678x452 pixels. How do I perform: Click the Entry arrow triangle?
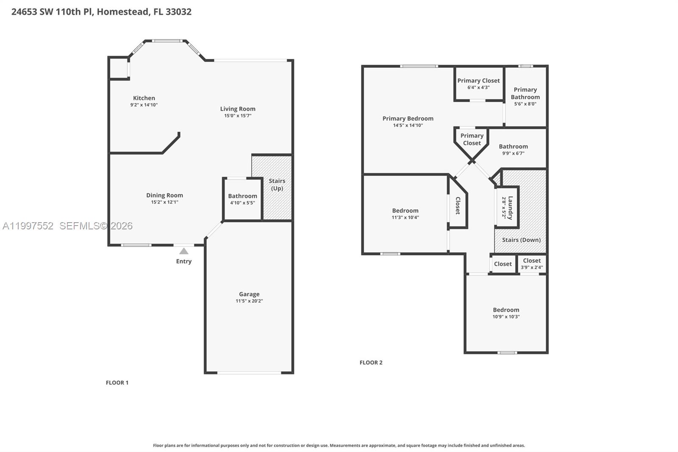pos(184,251)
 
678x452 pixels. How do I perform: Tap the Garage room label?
pos(249,294)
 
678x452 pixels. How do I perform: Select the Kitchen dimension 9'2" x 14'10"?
pos(144,105)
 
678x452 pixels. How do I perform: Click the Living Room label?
pos(238,109)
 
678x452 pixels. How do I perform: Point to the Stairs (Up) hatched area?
pos(277,204)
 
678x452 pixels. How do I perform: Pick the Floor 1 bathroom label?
pos(242,196)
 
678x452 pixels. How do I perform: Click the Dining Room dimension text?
pos(164,202)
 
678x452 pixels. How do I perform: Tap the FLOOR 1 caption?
pos(117,382)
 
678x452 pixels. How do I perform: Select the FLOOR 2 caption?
pos(371,363)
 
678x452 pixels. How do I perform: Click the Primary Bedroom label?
pos(408,119)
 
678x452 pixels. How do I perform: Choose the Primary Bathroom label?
pos(525,93)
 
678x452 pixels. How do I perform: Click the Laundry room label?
pos(510,207)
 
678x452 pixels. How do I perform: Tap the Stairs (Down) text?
pos(521,240)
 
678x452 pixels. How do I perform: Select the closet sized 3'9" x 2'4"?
pos(531,264)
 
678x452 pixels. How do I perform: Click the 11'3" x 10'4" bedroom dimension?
pos(405,218)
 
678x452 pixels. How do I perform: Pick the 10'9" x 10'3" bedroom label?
pos(506,310)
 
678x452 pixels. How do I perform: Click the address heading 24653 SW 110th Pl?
pos(101,11)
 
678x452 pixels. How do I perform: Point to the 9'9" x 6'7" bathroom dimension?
pos(513,153)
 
